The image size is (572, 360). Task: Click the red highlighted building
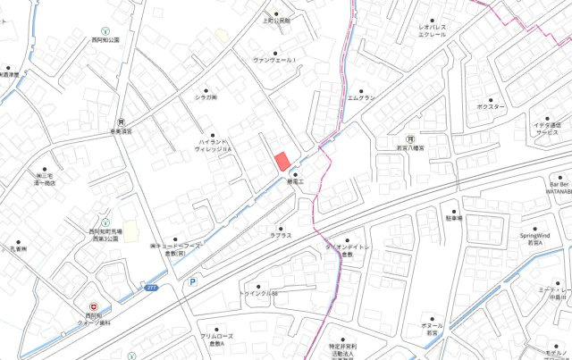(282, 161)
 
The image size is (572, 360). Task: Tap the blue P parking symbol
(191, 281)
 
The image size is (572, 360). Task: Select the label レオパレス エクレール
(433, 32)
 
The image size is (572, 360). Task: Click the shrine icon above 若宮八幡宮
(409, 139)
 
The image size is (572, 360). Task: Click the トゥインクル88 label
(258, 294)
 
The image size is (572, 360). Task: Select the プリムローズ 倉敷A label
(216, 339)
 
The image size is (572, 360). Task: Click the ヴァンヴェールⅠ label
(278, 60)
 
